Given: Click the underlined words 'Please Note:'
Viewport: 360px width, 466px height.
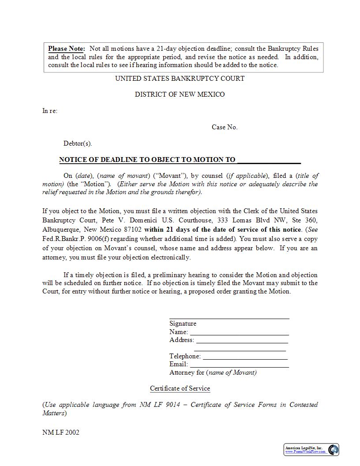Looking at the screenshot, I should (x=66, y=49).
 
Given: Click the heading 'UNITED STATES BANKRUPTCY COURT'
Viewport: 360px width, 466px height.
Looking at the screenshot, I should (x=180, y=79).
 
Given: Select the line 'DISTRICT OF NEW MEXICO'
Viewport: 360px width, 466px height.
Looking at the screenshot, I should (x=180, y=94).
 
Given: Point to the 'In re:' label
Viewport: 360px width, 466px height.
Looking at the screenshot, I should (x=50, y=111).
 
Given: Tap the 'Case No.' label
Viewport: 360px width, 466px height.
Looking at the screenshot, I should (x=224, y=127).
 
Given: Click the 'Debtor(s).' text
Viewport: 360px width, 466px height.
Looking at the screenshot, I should (x=78, y=143).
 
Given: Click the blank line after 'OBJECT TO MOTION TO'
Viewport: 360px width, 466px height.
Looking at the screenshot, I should (x=269, y=160).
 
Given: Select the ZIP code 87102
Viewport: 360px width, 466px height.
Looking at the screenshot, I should (x=132, y=229).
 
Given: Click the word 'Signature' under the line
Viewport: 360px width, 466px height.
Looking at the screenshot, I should (x=183, y=323).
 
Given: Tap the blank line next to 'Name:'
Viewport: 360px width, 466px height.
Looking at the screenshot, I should (x=239, y=332).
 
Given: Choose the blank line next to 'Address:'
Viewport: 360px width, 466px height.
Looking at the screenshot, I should (x=242, y=340).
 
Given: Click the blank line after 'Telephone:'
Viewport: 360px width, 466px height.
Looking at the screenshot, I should (x=245, y=357).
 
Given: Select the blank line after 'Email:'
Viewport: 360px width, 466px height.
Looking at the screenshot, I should (x=239, y=365).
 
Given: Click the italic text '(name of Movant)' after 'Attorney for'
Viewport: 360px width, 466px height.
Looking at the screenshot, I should (x=232, y=372).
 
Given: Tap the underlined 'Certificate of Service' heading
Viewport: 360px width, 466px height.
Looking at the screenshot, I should (x=180, y=388).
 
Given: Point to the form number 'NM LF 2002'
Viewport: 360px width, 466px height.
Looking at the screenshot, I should (x=61, y=432).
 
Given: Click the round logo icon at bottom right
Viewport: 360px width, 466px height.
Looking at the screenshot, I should (x=333, y=450).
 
